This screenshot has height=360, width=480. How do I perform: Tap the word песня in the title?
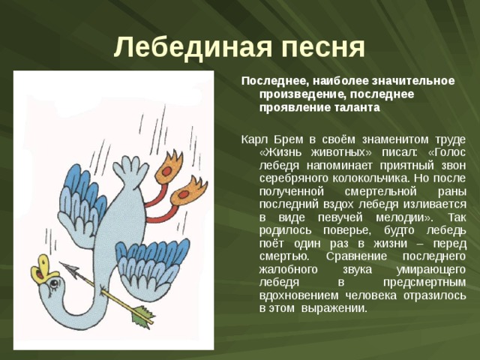(316, 47)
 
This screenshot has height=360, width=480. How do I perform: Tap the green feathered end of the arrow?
(143, 318)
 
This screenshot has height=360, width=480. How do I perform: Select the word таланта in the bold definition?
(355, 107)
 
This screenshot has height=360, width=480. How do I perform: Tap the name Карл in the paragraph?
(252, 139)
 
